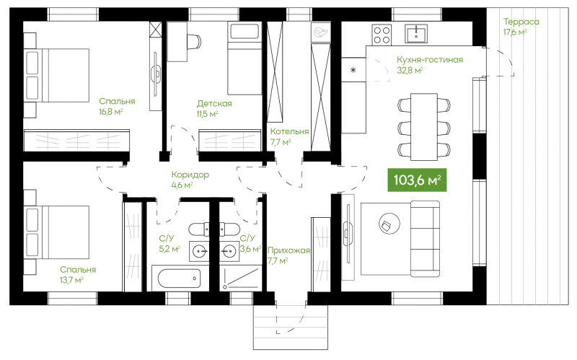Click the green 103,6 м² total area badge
point(417,180)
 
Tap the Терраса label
point(521,22)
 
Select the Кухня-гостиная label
point(429,60)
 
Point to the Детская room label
point(214,103)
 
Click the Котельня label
point(289,131)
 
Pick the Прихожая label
point(288,250)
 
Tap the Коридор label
point(190,175)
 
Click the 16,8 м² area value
point(111,112)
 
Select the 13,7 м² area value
point(71,280)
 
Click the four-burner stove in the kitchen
point(382,35)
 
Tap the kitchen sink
point(416,34)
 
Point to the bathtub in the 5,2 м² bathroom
point(179,278)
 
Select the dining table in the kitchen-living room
point(424,127)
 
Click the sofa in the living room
point(425,239)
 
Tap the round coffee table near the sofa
point(389,223)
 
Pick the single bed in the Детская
point(245,58)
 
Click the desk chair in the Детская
point(194,41)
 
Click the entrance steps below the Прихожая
point(291,328)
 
